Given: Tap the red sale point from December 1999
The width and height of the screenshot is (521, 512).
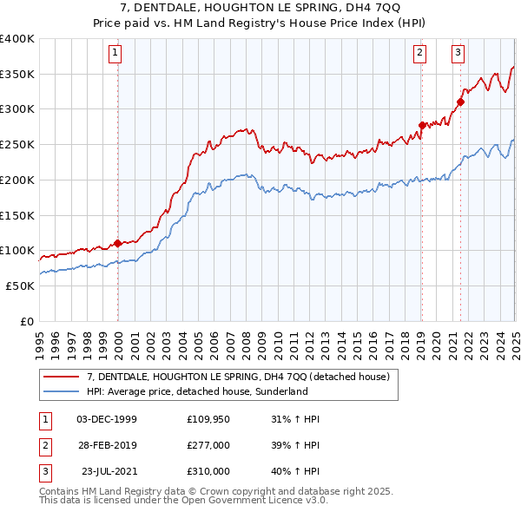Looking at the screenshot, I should point(117,243).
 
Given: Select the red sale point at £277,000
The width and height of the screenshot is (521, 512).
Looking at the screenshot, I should point(422,125).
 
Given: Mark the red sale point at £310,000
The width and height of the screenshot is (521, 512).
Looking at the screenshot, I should point(460,102).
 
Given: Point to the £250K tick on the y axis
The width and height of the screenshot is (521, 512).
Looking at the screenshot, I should point(17,144).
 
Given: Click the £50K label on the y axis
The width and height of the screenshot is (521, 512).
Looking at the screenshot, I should point(20,286).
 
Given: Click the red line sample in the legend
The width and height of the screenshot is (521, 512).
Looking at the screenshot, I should point(62,377).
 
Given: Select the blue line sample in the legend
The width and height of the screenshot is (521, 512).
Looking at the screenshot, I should point(62,391).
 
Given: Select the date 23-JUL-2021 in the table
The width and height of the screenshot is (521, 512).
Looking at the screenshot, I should point(109,471).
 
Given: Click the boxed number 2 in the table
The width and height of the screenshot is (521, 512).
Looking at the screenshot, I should point(43,444).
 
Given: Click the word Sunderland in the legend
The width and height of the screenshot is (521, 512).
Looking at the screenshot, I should point(280,391).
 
